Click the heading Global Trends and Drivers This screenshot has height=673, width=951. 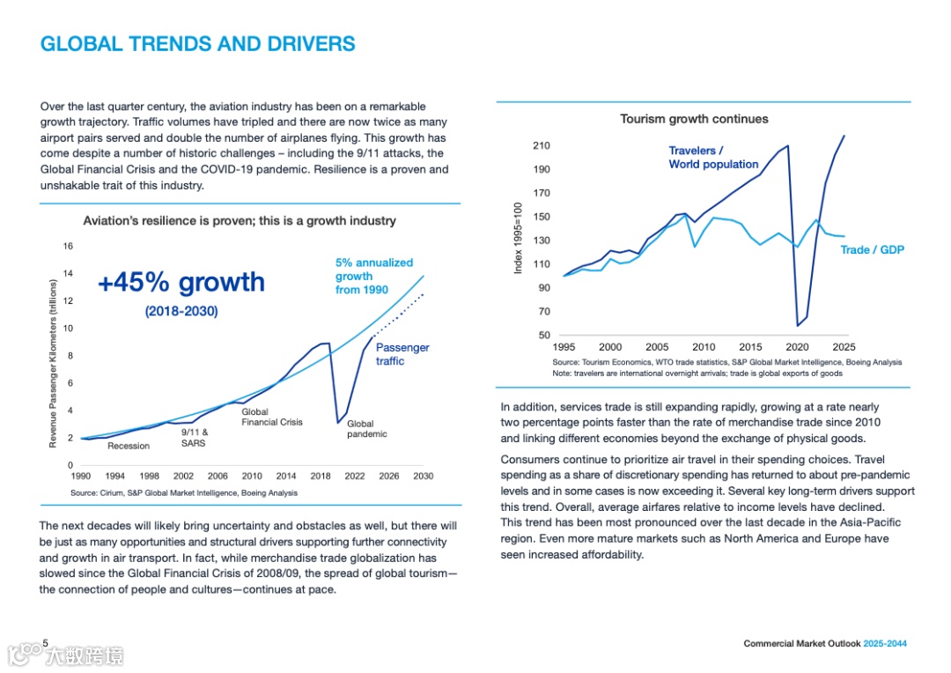click(x=198, y=44)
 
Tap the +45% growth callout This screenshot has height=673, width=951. click(x=181, y=282)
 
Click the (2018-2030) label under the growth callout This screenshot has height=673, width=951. click(x=181, y=311)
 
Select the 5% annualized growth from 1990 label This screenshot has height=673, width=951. click(x=373, y=276)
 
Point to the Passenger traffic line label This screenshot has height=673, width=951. click(x=402, y=354)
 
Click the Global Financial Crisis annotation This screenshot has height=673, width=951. click(x=272, y=417)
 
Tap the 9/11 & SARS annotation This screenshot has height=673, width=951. click(x=195, y=438)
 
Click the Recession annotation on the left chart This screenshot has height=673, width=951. click(x=129, y=446)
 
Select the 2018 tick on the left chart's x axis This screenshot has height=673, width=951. click(x=321, y=476)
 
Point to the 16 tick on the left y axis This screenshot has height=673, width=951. click(x=68, y=247)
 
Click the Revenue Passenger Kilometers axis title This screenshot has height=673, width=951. click(x=53, y=363)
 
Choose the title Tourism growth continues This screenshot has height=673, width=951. click(x=694, y=119)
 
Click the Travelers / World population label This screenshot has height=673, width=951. click(x=713, y=158)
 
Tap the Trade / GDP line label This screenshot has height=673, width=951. click(x=872, y=250)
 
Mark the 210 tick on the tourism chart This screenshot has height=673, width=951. click(x=541, y=146)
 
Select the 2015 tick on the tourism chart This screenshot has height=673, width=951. click(x=750, y=347)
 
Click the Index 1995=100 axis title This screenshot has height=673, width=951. click(x=519, y=237)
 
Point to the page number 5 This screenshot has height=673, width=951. click(x=45, y=643)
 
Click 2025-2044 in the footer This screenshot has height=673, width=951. click(x=884, y=644)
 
